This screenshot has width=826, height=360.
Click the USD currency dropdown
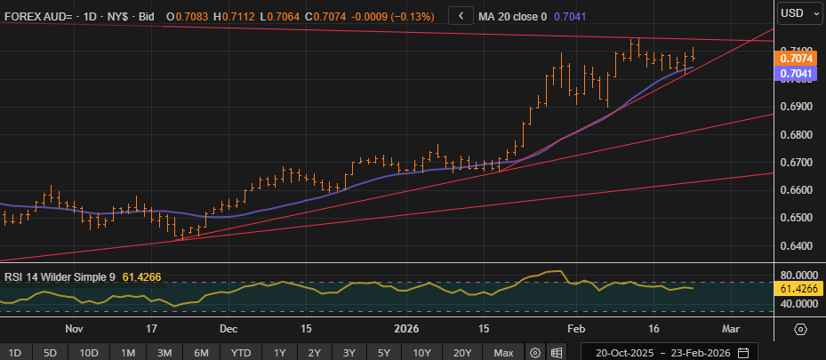click(x=798, y=13)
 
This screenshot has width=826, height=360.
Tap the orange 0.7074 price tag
click(x=794, y=58)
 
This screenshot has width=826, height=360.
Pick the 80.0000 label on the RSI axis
click(x=794, y=276)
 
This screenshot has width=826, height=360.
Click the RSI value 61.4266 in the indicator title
click(x=141, y=276)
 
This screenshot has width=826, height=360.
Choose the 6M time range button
click(x=202, y=352)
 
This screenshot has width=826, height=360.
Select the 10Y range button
click(x=422, y=352)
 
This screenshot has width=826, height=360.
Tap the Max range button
click(x=504, y=352)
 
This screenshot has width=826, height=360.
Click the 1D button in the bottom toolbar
click(x=16, y=352)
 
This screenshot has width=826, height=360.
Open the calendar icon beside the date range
click(x=742, y=352)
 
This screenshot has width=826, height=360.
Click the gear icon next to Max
click(x=534, y=352)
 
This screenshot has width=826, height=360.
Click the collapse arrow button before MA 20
click(x=460, y=15)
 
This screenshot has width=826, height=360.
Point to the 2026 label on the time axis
click(x=405, y=328)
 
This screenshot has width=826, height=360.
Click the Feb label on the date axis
click(x=577, y=328)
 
